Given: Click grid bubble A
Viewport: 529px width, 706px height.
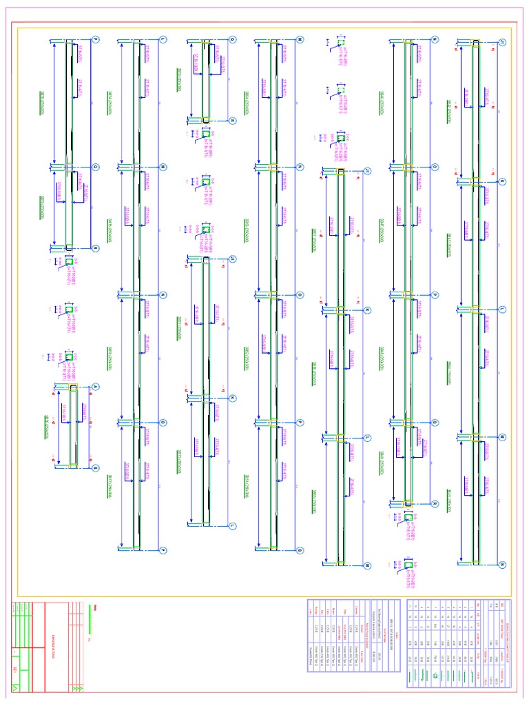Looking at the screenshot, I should [96, 386].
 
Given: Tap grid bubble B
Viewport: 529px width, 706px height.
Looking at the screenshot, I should [96, 467].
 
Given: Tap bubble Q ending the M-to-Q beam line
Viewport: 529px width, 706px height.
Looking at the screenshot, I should [300, 550].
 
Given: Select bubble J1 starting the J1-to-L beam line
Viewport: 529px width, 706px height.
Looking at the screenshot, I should [232, 259].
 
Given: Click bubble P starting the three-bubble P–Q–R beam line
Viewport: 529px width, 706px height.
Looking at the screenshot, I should [96, 39].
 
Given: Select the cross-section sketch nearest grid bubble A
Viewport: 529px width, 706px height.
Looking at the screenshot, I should [69, 357].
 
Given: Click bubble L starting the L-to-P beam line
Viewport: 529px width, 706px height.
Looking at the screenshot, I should [163, 39].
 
